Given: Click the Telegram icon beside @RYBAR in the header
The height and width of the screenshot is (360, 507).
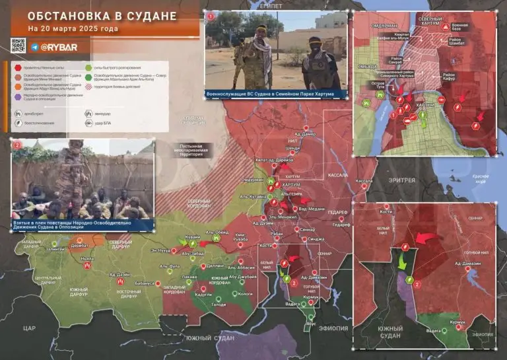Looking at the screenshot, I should coord(34,47).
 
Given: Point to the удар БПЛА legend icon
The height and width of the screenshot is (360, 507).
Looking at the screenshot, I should coord(88,124).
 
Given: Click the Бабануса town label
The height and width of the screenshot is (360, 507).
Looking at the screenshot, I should coord(145,283).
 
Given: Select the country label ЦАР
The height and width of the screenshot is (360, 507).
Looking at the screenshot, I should coord(28,328).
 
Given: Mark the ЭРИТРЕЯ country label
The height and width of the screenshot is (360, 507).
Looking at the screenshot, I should coord(402,180).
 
